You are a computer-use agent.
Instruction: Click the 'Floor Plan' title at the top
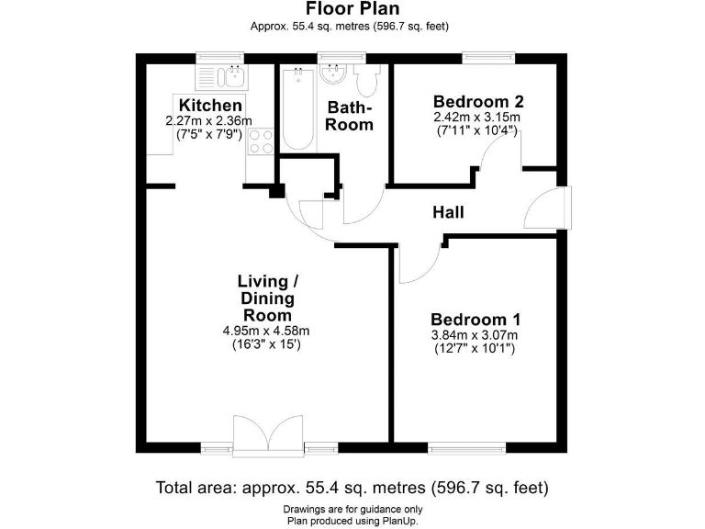click(350, 9)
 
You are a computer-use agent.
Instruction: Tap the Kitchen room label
click(210, 106)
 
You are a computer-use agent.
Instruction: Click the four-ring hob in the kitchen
click(260, 142)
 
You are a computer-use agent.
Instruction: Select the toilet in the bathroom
click(368, 83)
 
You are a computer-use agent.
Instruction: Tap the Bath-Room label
click(351, 115)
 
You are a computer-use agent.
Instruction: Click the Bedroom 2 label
click(477, 101)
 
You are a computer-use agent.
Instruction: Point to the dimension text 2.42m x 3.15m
click(477, 118)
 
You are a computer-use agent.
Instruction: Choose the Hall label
click(448, 212)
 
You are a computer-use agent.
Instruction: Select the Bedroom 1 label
click(476, 320)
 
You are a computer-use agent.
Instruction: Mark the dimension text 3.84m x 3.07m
click(476, 336)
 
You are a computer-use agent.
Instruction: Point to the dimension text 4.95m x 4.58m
click(267, 331)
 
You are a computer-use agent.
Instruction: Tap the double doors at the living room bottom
click(267, 436)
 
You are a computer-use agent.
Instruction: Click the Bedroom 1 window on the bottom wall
click(466, 448)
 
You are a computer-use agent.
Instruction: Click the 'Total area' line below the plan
click(352, 487)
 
